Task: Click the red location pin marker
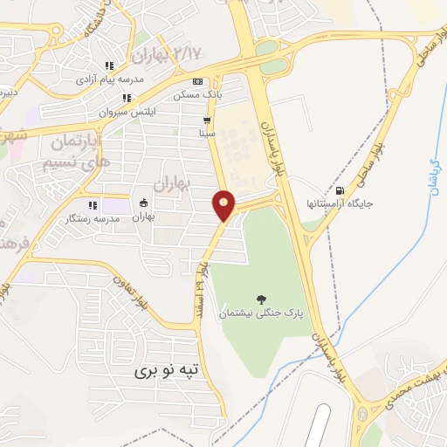[224, 204]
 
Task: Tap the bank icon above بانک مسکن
[198, 81]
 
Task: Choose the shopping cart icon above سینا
[207, 121]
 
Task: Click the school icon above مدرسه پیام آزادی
[109, 65]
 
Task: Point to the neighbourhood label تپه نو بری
[167, 370]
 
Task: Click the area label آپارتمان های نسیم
[77, 149]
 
